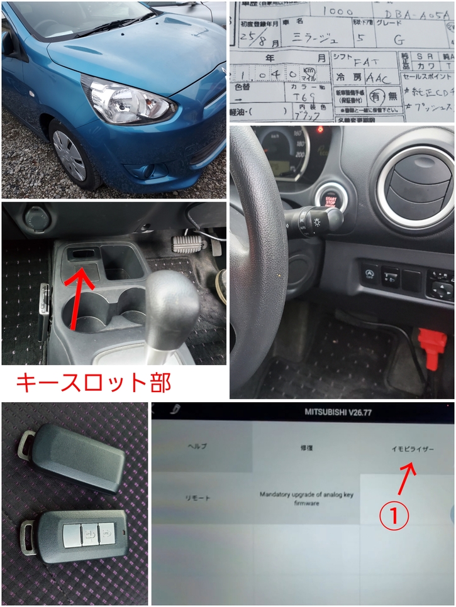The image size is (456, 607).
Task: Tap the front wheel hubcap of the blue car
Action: click(69, 155)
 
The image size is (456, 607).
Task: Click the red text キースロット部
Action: click(92, 382)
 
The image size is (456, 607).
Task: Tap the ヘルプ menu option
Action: click(197, 447)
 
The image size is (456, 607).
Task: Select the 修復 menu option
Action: click(306, 449)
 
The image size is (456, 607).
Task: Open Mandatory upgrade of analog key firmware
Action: click(306, 498)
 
